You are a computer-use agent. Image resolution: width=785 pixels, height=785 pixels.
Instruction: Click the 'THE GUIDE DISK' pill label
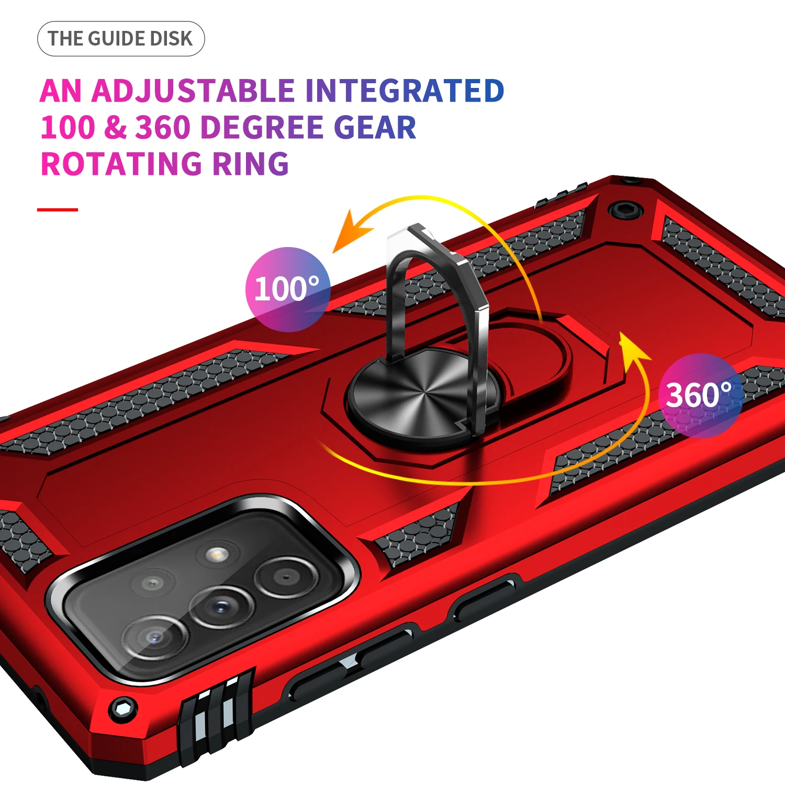pos(121,39)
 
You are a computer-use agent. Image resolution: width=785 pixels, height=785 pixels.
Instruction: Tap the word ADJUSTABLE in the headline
pos(194,91)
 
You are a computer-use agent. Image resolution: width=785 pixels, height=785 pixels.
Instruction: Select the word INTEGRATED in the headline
pos(405,91)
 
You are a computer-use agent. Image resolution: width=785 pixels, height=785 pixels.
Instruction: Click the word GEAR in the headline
pos(375,128)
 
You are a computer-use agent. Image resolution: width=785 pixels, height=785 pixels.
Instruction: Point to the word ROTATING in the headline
pos(121,164)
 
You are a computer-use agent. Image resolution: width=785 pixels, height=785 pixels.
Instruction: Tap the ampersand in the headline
pos(115,128)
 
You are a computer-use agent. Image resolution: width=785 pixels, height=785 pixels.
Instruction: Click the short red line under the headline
pos(58,210)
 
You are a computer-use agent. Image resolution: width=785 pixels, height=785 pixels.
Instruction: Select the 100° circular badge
pos(287,289)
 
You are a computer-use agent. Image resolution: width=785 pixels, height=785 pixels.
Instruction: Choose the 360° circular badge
pos(700,395)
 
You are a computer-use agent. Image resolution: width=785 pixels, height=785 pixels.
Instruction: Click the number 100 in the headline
pos(68,128)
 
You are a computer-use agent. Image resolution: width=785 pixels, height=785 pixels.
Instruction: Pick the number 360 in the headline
pos(163,128)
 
